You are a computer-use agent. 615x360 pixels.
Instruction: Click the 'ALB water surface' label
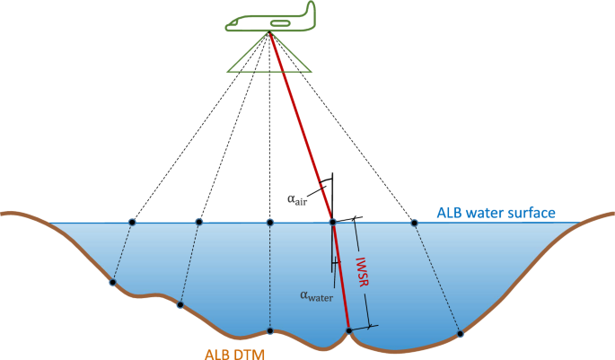click(496, 213)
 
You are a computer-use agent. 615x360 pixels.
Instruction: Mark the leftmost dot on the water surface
click(132, 222)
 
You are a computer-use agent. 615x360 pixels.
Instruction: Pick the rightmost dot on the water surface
click(414, 222)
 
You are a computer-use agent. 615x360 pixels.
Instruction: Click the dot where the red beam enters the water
click(332, 222)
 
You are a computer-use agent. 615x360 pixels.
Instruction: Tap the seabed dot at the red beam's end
click(349, 331)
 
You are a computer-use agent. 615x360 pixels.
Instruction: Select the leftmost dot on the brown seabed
click(112, 283)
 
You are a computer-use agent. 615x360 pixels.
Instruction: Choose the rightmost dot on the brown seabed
click(460, 334)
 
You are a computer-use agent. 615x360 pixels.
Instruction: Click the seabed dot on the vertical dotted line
click(270, 329)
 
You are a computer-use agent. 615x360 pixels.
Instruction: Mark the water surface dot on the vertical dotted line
click(270, 222)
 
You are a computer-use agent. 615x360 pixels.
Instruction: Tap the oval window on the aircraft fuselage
click(280, 21)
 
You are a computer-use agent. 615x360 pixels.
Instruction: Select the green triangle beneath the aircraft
click(268, 61)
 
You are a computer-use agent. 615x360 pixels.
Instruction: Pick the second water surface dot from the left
click(199, 222)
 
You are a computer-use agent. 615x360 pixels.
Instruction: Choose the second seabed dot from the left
click(180, 305)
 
